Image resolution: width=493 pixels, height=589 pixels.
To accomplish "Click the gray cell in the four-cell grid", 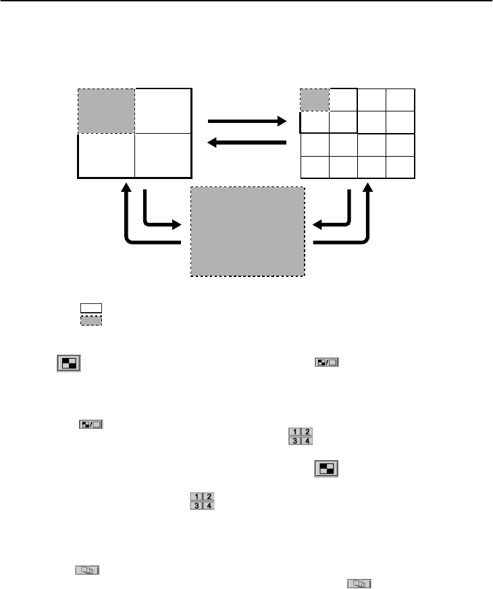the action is click(107, 111).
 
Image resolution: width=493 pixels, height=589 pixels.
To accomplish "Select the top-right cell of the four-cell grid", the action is click(163, 111).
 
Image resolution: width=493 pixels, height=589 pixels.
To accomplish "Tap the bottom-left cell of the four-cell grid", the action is click(107, 156).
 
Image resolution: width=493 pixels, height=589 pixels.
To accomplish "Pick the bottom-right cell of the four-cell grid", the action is click(163, 156).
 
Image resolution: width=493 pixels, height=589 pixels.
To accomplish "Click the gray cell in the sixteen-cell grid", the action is click(315, 100).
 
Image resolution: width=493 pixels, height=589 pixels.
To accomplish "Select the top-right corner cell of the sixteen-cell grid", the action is click(400, 100).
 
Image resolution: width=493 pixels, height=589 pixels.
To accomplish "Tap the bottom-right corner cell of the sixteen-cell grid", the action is click(400, 167).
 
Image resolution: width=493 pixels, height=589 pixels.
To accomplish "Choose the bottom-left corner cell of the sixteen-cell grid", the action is click(315, 167).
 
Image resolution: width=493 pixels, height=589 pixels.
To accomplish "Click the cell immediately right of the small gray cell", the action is click(343, 100).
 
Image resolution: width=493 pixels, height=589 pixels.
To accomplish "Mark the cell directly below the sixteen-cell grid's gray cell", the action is click(315, 122).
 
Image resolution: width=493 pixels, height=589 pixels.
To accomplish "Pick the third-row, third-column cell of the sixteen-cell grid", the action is click(371, 145).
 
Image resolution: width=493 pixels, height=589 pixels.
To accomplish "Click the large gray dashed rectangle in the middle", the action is click(248, 231).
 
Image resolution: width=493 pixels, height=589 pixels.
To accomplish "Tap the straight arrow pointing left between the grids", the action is click(247, 142).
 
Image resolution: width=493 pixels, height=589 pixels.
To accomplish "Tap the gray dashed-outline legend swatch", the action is click(91, 320).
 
